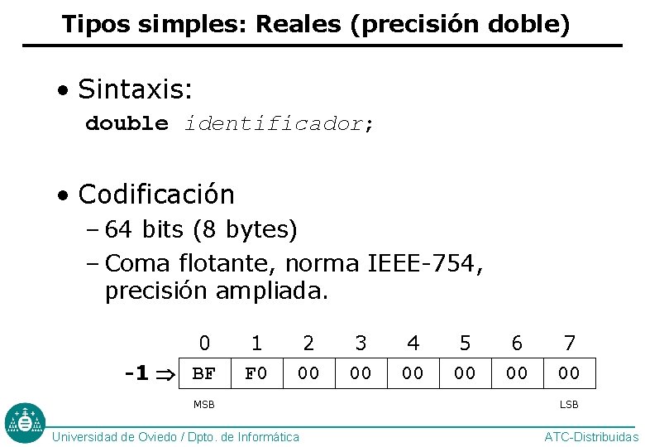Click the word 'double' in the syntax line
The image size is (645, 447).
127,124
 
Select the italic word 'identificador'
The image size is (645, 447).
274,124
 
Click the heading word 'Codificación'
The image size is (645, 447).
156,195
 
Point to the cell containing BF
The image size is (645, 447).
204,373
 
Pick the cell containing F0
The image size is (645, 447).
256,373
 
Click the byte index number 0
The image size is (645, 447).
204,343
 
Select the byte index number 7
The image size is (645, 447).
569,343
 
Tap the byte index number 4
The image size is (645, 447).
413,343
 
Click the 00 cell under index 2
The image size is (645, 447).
308,373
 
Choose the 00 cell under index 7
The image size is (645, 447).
569,373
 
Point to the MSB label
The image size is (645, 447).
204,405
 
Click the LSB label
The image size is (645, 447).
569,405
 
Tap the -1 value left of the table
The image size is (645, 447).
136,373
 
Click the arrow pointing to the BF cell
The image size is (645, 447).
165,374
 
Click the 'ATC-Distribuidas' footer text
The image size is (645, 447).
590,437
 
